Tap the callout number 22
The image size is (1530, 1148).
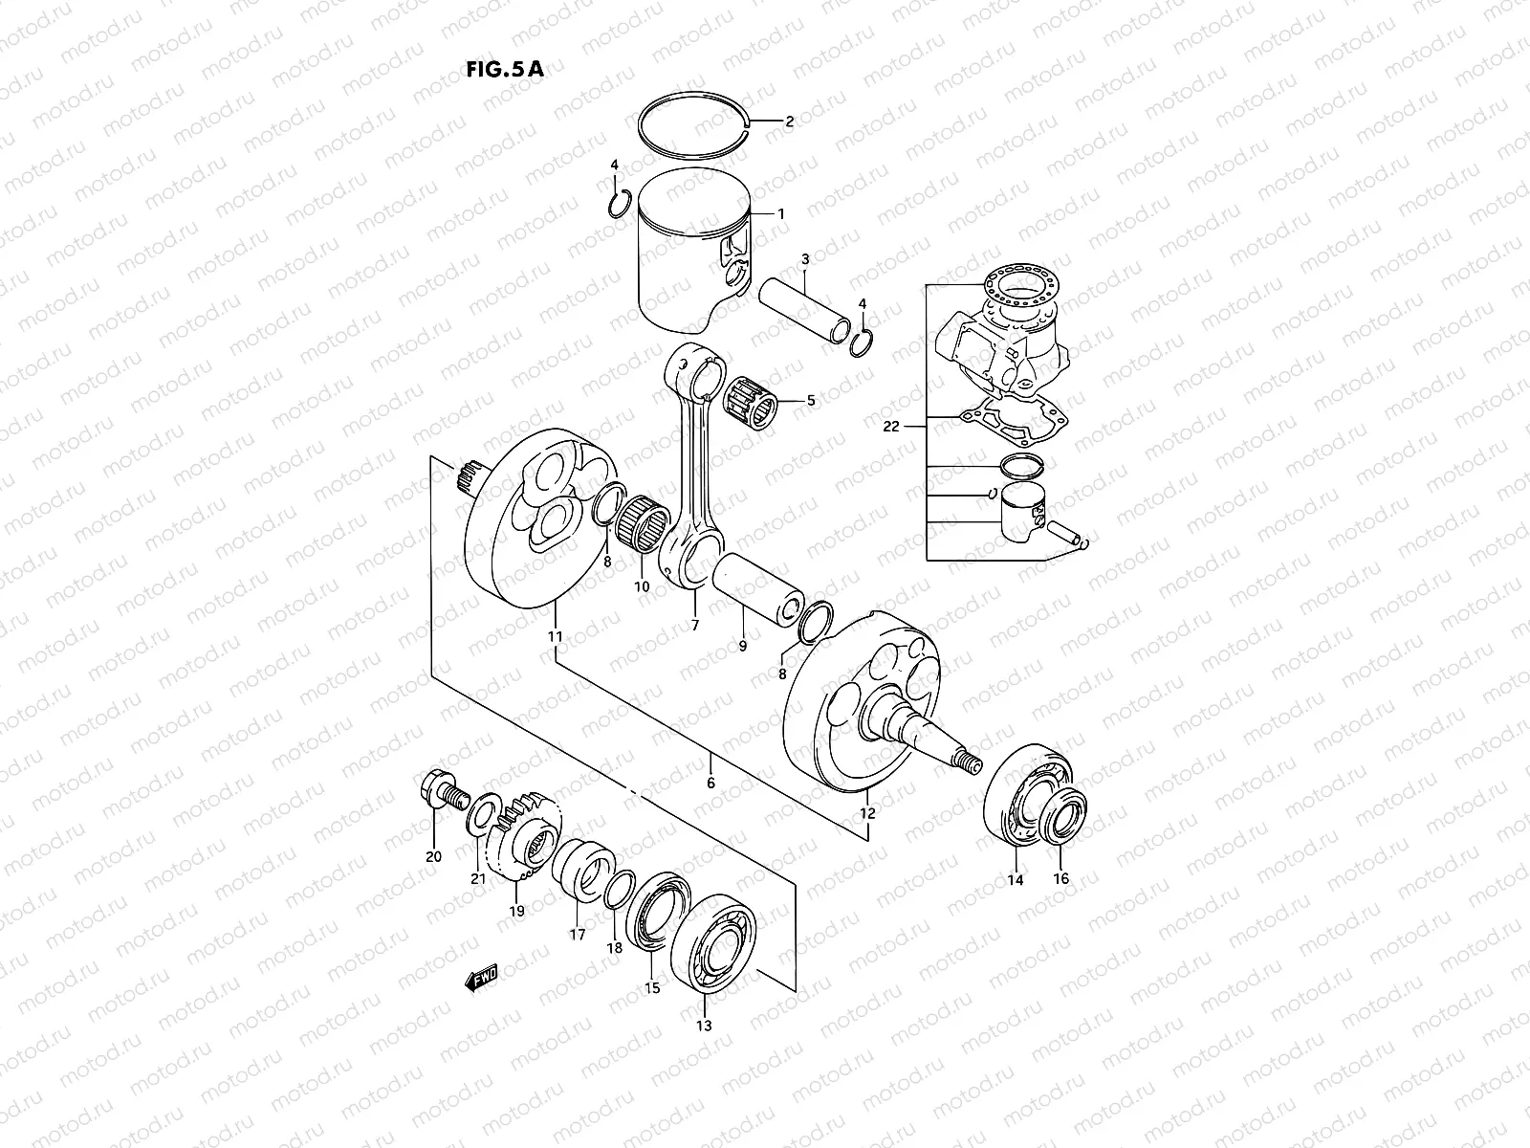tap(891, 427)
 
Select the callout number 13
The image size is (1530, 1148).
tap(704, 1026)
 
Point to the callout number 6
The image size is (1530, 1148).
tap(710, 783)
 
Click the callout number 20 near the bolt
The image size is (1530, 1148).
tap(433, 856)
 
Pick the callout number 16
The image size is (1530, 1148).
tap(1061, 878)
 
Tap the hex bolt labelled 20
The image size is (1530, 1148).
tap(440, 791)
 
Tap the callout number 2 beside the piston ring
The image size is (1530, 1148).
tap(790, 121)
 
